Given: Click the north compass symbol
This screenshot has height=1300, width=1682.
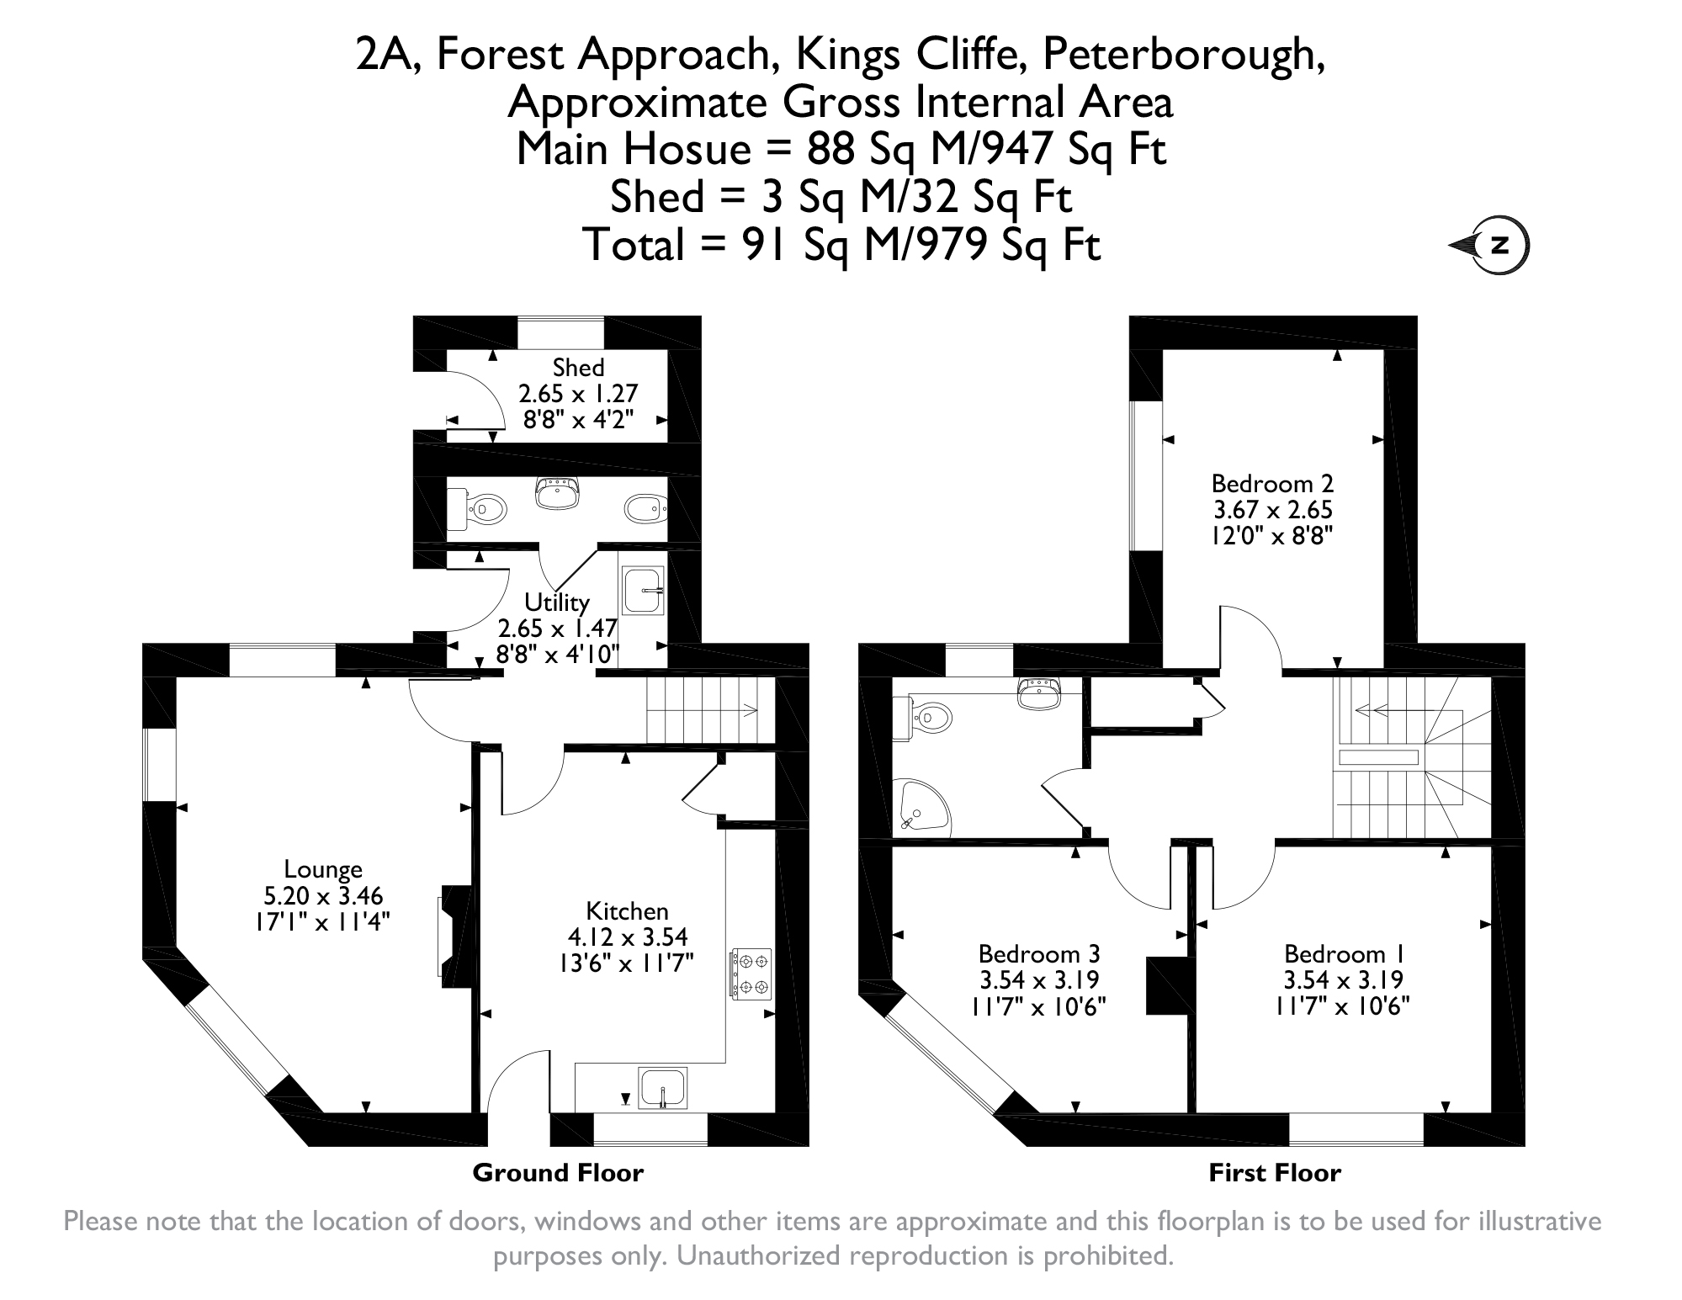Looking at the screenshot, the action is (x=1490, y=247).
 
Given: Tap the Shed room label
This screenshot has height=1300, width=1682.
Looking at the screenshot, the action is (x=579, y=368).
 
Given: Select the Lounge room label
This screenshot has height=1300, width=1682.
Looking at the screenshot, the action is (x=323, y=869).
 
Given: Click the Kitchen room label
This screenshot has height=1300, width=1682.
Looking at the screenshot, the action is (x=627, y=911).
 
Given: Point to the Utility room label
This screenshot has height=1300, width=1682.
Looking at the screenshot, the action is (x=557, y=602).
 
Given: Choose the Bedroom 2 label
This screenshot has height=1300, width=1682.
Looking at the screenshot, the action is (x=1272, y=484).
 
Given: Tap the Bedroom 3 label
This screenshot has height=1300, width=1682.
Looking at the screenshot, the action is (x=1039, y=954).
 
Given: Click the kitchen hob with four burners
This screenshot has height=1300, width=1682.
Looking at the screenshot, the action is (x=751, y=974).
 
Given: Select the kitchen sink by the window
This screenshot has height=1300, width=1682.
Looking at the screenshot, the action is (x=663, y=1088).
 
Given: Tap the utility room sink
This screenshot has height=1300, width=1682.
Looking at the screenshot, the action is (x=644, y=590).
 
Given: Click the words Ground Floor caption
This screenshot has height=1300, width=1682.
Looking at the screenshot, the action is (x=558, y=1173).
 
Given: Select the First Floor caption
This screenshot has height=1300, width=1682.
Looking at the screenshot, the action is (x=1275, y=1173).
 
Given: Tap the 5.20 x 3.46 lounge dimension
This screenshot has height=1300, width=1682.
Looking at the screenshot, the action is (x=323, y=896).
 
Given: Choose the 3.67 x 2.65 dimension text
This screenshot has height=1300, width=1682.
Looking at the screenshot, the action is (x=1273, y=510).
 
